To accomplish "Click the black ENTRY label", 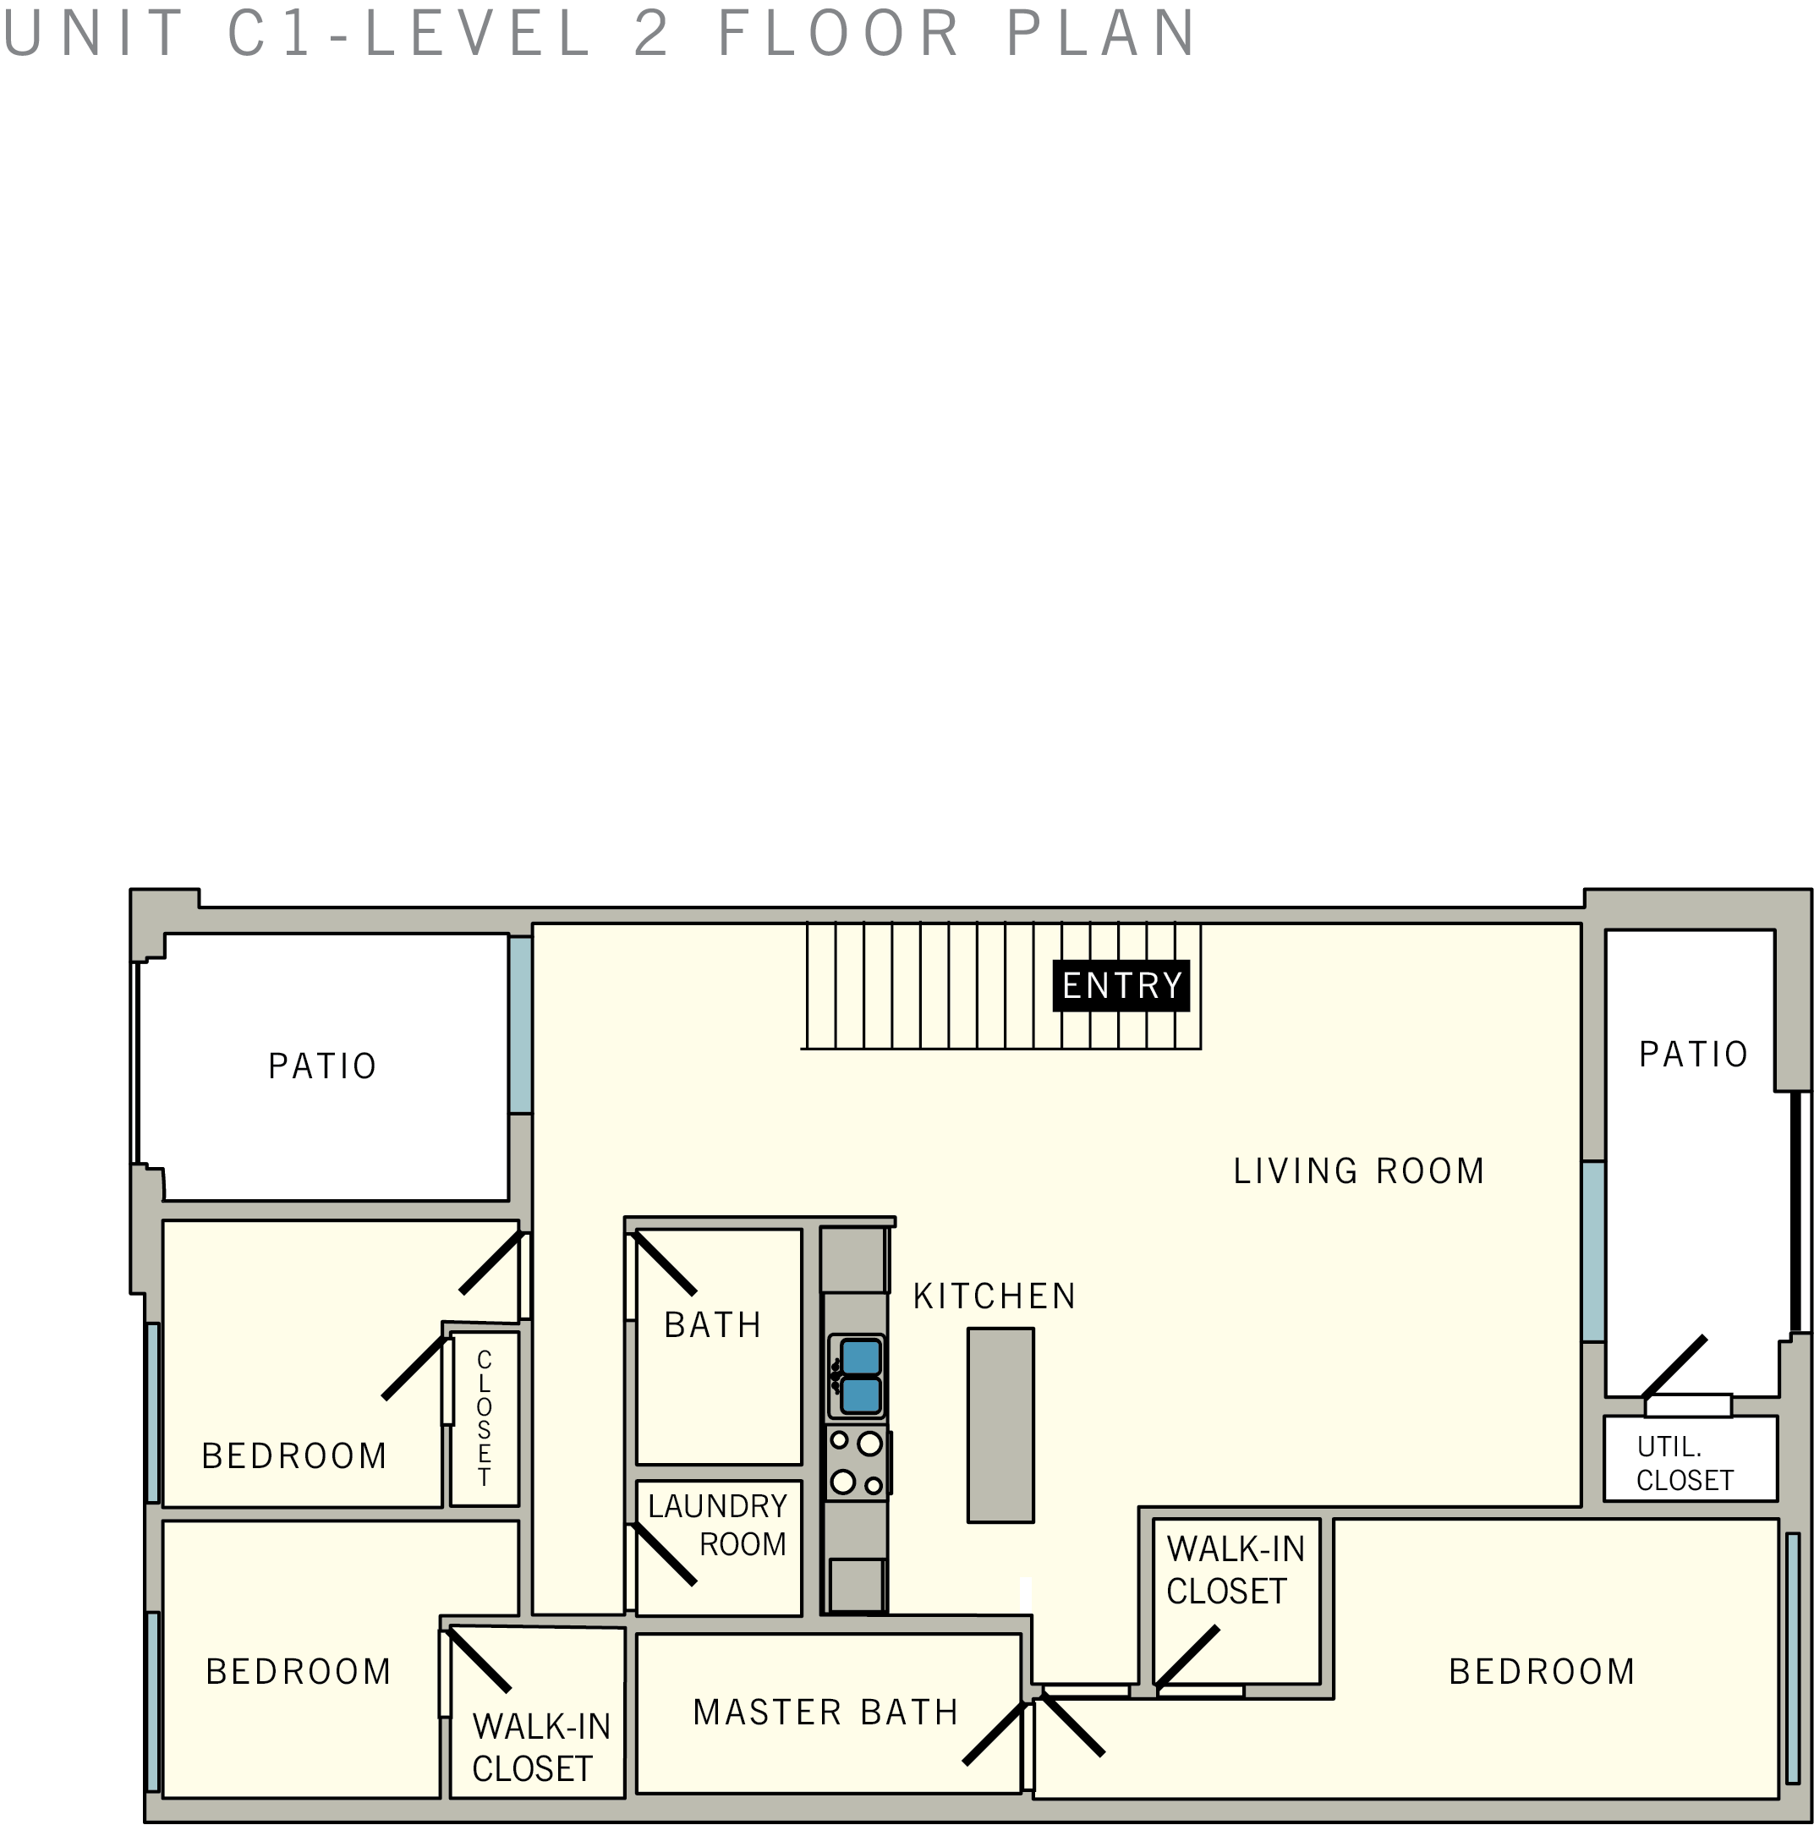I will (x=1121, y=985).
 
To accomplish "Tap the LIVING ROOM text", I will (x=1357, y=1171).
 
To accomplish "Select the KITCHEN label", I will (x=994, y=1296).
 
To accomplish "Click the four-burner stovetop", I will (x=856, y=1463).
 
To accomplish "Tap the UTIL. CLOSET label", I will (x=1685, y=1463).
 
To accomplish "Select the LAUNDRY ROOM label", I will (x=718, y=1524).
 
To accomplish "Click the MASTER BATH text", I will (x=825, y=1712).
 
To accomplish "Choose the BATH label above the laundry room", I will (x=712, y=1324).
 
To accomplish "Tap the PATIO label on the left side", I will (x=322, y=1066).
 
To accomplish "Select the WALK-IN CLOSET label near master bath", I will (x=540, y=1746).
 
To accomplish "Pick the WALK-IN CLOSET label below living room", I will (x=1234, y=1570).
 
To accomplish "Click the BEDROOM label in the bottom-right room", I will (x=1541, y=1671).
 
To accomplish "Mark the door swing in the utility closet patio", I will (x=1674, y=1366).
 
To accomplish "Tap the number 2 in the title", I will (x=651, y=32).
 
